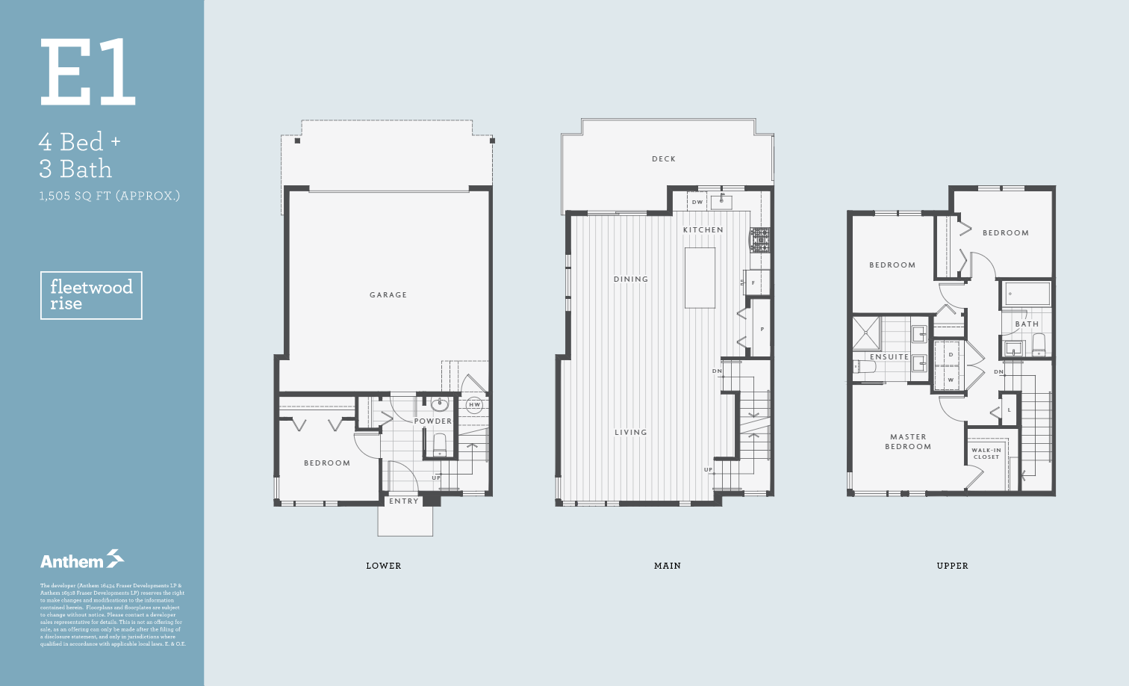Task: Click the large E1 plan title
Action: (x=88, y=72)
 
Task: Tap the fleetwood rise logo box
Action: (x=91, y=295)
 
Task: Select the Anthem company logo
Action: (x=82, y=560)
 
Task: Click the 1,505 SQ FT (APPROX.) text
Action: (x=110, y=197)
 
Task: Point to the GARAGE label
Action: (x=388, y=295)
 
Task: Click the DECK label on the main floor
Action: (x=664, y=159)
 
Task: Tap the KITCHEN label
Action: (x=703, y=230)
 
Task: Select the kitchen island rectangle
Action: (x=700, y=278)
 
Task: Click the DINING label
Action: (x=631, y=279)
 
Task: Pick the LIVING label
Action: (x=631, y=433)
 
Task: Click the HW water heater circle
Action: (x=474, y=405)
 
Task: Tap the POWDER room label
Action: (x=433, y=421)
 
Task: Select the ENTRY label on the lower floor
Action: (x=404, y=501)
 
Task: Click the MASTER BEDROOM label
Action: (x=908, y=442)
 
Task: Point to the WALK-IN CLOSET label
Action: (x=986, y=454)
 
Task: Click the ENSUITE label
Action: (x=889, y=357)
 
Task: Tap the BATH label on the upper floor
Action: (x=1027, y=324)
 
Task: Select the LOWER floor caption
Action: (x=384, y=566)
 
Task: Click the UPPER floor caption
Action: (x=952, y=566)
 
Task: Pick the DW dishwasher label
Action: (x=697, y=203)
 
